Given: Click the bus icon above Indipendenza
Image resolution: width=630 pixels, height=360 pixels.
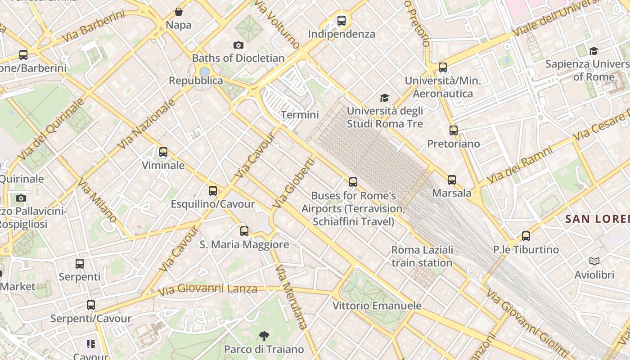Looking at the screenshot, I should (x=342, y=20).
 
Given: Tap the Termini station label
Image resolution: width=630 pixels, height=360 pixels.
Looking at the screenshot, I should (x=300, y=115).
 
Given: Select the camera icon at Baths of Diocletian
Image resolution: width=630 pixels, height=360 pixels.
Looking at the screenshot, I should (x=238, y=45).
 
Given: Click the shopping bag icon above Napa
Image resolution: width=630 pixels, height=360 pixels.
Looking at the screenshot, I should (x=179, y=12).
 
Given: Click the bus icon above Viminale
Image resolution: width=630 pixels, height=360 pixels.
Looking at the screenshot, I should (x=163, y=152).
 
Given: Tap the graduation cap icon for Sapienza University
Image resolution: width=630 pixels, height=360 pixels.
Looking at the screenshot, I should (x=594, y=51).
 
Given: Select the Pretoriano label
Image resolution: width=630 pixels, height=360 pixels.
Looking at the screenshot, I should (x=453, y=144).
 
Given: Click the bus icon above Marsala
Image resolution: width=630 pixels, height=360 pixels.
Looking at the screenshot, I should (x=452, y=180).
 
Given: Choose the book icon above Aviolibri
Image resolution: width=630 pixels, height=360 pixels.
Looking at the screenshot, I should (x=594, y=261).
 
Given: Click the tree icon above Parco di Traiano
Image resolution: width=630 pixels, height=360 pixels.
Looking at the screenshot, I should (x=264, y=336).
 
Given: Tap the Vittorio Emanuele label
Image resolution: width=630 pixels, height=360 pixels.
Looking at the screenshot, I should (x=377, y=306).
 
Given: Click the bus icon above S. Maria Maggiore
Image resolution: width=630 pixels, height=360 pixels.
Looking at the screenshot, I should (x=244, y=231).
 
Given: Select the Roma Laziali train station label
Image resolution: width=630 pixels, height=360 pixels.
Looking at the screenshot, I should (x=422, y=256).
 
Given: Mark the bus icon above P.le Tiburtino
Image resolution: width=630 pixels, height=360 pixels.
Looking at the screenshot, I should (x=526, y=236).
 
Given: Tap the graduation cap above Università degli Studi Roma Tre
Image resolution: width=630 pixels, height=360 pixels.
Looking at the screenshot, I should (x=384, y=98).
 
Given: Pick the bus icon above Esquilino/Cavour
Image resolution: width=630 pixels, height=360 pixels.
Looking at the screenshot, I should (x=213, y=191).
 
